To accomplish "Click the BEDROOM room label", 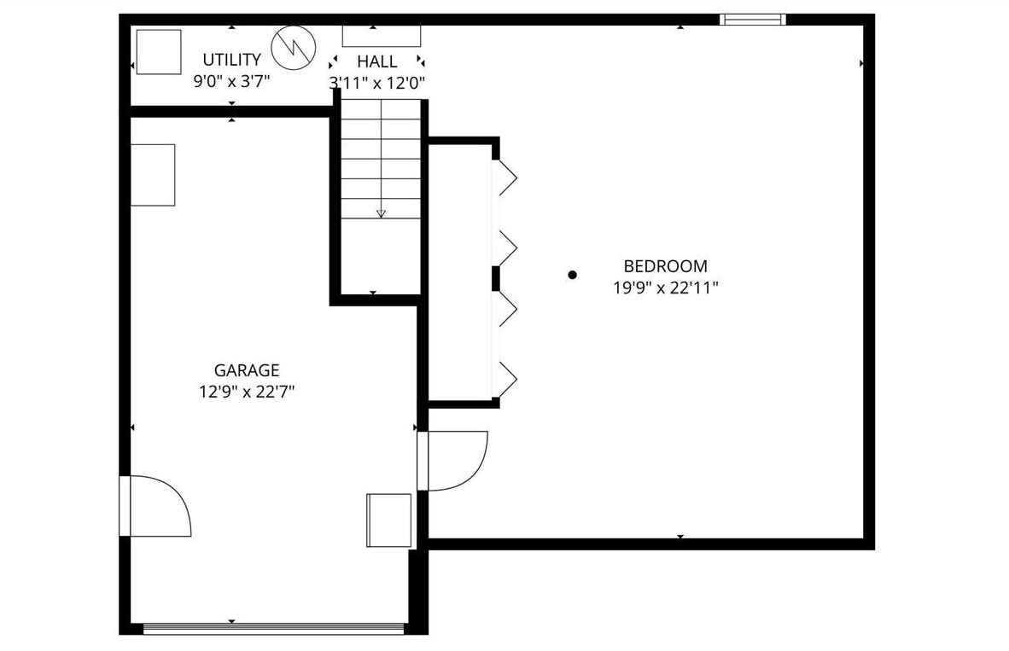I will coord(665,266).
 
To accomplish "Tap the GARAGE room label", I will coord(246,370).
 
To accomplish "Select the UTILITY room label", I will coord(231,60).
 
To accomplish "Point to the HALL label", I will coord(376,61).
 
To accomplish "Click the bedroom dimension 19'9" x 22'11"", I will coord(665,288).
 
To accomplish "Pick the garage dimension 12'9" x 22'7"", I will coord(246,392).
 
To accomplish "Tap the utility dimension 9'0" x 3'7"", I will coord(231,83).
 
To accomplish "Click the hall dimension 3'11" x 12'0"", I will coord(376,83).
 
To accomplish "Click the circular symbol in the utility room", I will coord(293,49).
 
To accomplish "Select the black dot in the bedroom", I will coord(573,275).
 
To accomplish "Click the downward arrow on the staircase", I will coord(381,212).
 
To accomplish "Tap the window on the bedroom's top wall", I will coord(752,19).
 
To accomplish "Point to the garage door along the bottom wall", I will coord(273,628).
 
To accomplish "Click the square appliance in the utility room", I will coord(159,52).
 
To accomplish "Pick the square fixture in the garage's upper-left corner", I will coord(153,175).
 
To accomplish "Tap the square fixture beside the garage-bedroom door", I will coord(388,520).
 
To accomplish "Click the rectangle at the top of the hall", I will coord(381,36).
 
